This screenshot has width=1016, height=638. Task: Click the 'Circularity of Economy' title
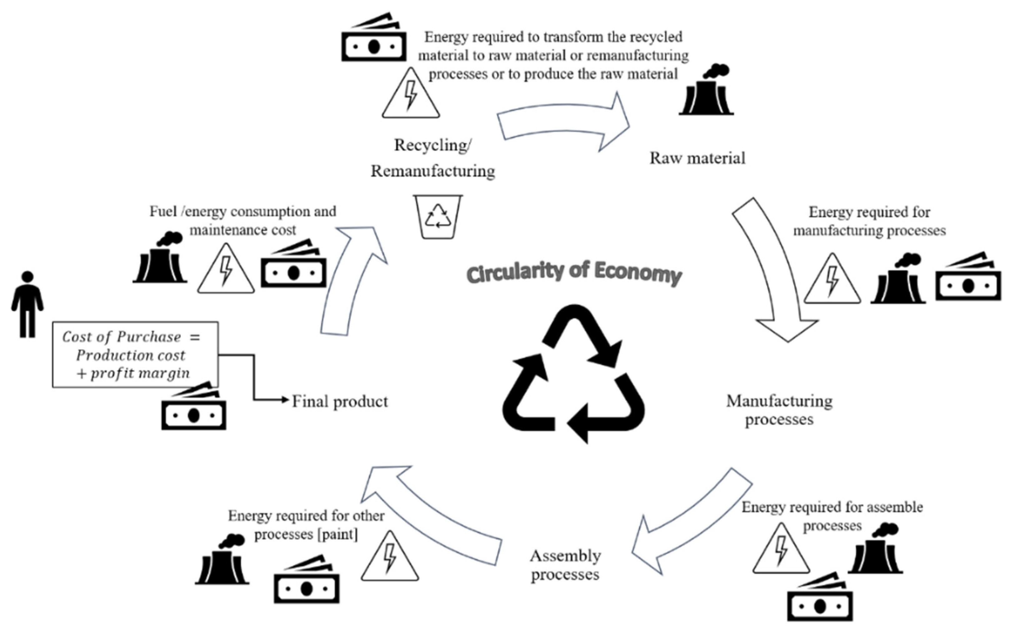[x=574, y=273]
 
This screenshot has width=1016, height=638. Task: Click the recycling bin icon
[x=438, y=217]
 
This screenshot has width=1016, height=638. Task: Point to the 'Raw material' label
[x=697, y=158]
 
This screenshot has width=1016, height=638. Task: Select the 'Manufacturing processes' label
[x=779, y=410]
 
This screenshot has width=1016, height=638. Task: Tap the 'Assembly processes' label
[x=565, y=565]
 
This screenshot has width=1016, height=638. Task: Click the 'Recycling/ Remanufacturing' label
[x=433, y=158]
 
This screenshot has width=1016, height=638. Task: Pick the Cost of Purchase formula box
[x=135, y=354]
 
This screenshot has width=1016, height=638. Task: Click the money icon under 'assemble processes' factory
[x=819, y=598]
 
